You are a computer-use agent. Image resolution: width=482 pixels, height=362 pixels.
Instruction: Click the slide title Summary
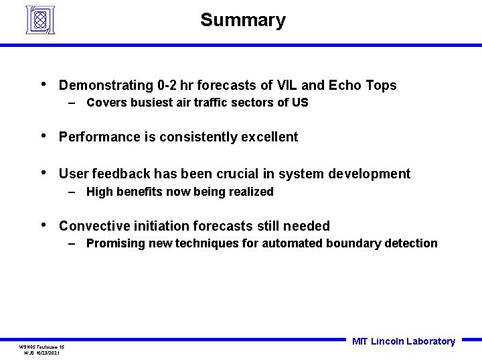click(x=242, y=20)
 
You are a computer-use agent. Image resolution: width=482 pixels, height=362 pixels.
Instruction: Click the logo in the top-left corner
click(x=39, y=19)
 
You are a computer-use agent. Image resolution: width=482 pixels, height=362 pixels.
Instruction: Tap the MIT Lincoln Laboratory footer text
click(x=403, y=341)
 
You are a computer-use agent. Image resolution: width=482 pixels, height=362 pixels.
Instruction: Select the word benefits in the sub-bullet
click(x=141, y=192)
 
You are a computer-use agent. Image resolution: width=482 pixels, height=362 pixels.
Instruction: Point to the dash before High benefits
click(x=72, y=192)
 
